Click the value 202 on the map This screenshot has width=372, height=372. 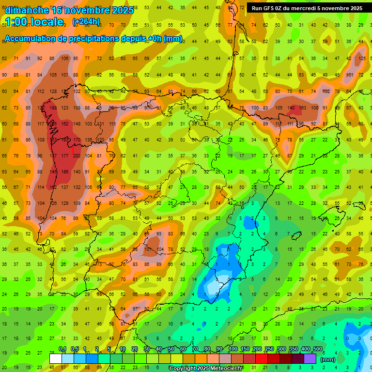77,155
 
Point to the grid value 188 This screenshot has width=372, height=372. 53,108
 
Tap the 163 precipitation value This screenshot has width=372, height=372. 303,108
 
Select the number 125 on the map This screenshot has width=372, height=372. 362,59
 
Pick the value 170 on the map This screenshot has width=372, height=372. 77,140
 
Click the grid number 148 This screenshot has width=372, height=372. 77,124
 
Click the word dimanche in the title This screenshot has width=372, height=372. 26,10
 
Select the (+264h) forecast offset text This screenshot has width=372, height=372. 86,22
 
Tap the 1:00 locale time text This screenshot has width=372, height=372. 34,22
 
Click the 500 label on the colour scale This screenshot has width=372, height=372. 318,349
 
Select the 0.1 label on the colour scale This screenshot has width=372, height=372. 62,349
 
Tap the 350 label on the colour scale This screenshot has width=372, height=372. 294,349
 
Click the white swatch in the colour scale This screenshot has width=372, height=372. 56,359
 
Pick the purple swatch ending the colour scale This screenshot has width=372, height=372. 310,359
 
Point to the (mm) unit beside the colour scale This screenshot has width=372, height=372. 328,359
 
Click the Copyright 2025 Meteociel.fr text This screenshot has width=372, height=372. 206,369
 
